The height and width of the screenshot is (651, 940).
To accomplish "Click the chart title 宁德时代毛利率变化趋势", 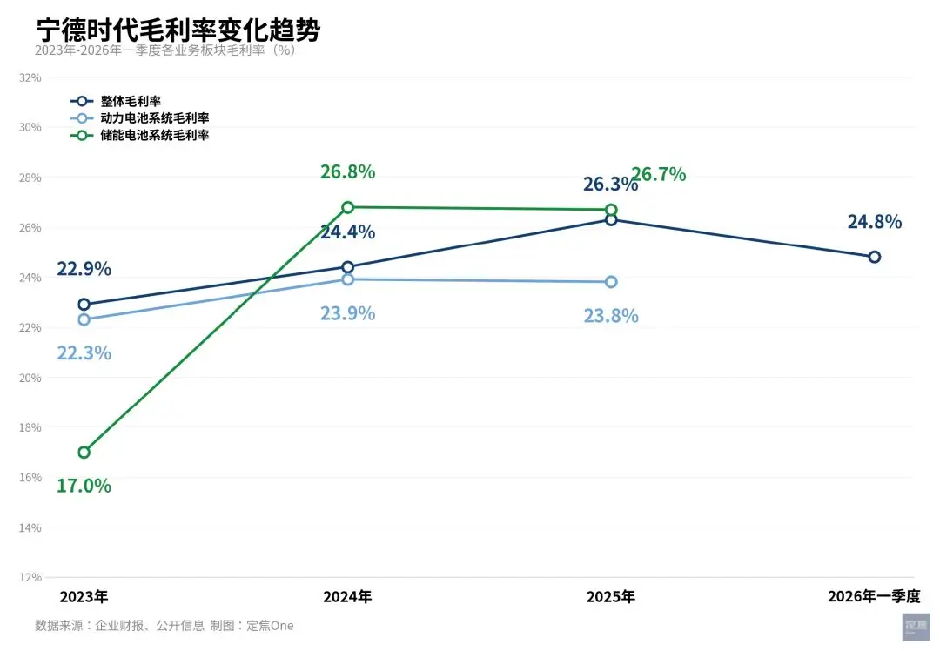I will tap(178, 30).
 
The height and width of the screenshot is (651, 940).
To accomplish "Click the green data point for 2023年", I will tap(84, 453).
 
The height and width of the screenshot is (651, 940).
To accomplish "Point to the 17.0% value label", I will tap(84, 486).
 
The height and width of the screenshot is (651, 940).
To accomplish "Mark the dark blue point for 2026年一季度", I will tap(874, 257).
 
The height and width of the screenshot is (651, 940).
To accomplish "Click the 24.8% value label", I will tap(874, 222).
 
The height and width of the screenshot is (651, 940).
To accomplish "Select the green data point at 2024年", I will tap(348, 207).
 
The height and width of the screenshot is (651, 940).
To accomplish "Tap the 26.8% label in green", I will tap(348, 172).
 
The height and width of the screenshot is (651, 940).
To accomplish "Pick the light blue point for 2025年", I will tap(611, 282).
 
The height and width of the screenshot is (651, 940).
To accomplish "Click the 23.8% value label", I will tap(611, 316).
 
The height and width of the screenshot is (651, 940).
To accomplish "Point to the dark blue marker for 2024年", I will tap(348, 267).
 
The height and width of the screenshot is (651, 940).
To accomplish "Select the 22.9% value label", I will tap(84, 269).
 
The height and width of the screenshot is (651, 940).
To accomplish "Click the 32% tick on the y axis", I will tap(30, 77).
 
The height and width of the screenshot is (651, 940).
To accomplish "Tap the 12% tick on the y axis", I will tap(30, 577).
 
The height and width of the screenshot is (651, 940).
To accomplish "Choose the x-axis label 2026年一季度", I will tap(874, 597).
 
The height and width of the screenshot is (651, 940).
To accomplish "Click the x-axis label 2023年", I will tap(84, 597).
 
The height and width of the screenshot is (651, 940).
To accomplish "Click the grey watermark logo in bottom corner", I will tap(916, 627).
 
